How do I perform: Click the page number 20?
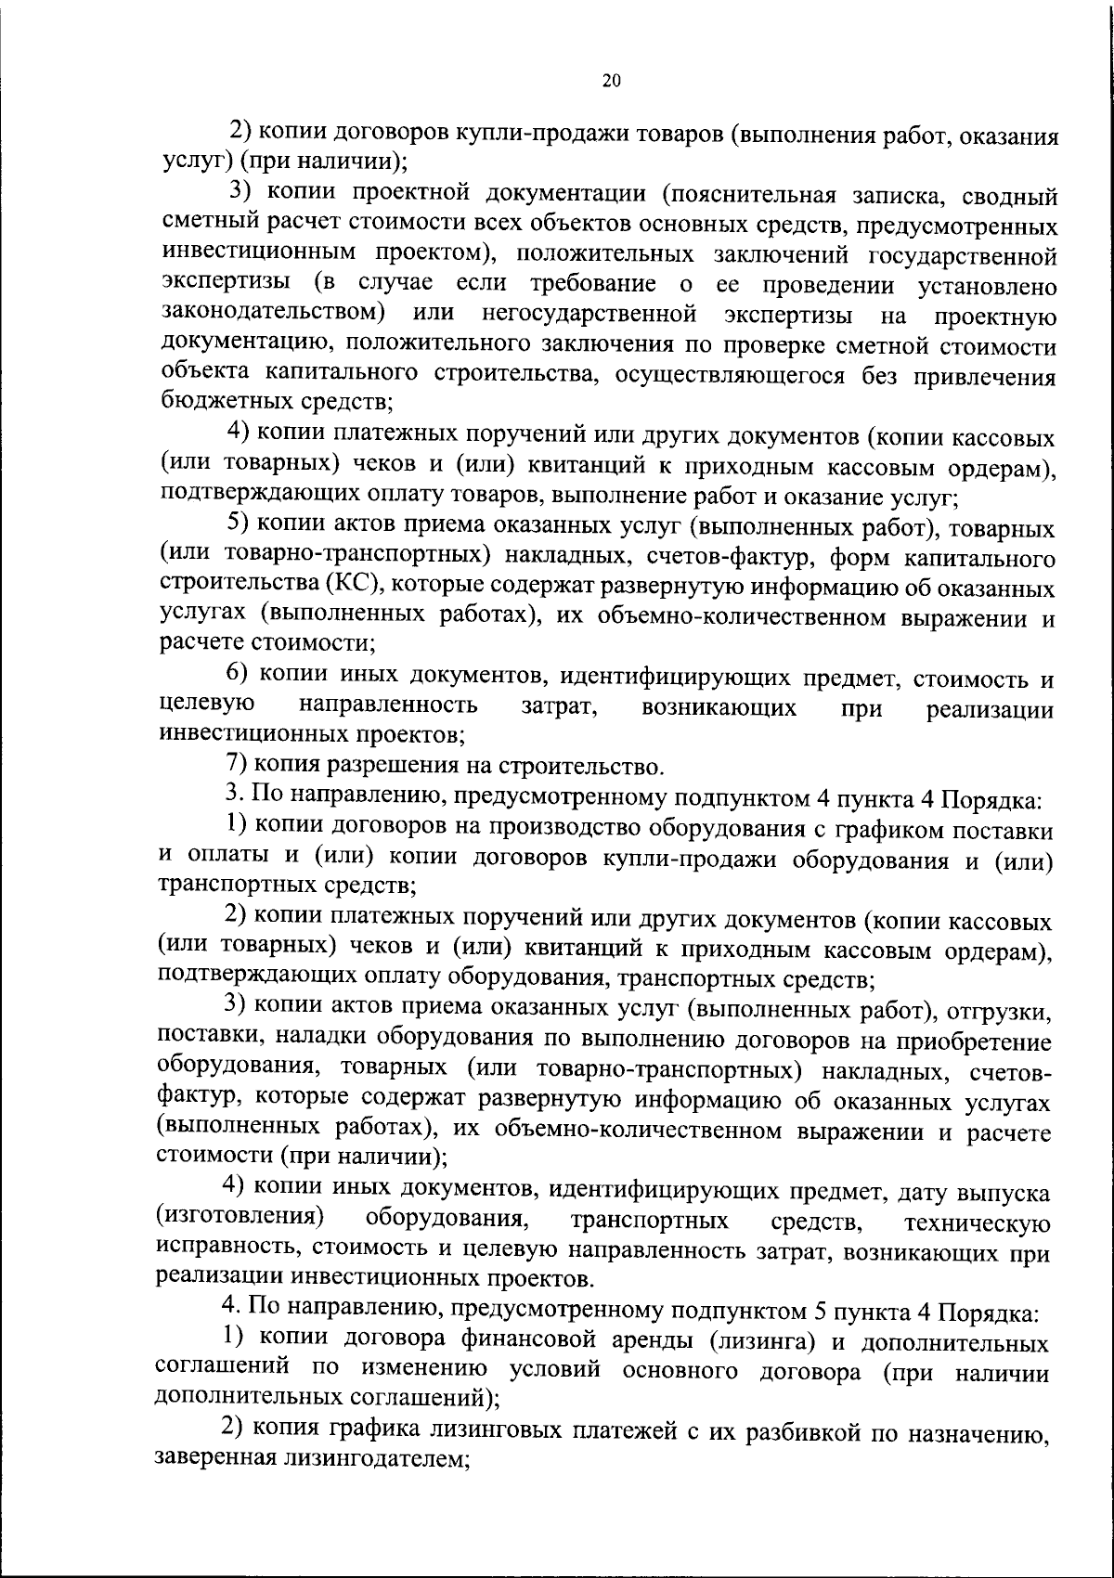coord(611,81)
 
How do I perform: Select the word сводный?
coord(1005,194)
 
